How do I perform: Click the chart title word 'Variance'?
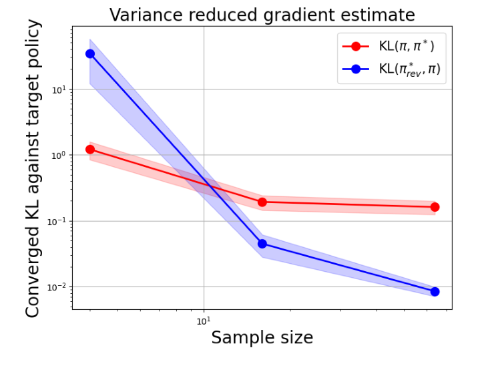coord(144,15)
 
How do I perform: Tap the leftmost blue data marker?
coord(90,53)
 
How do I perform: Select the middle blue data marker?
coord(262,244)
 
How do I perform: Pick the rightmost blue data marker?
coord(435,291)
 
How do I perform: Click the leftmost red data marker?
coord(90,150)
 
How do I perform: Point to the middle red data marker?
coord(262,202)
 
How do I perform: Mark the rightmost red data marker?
coord(435,207)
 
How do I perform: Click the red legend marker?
coord(356,46)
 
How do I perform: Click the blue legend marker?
coord(356,69)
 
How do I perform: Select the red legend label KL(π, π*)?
coord(407,46)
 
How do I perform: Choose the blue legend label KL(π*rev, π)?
coord(409,69)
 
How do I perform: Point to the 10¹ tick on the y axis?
coord(60,89)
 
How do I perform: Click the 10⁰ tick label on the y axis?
coord(60,155)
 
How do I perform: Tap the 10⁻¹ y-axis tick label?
coord(59,221)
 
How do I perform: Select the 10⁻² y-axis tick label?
coord(59,287)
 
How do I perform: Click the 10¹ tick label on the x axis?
coord(203,321)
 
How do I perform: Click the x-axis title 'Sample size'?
coord(262,338)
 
